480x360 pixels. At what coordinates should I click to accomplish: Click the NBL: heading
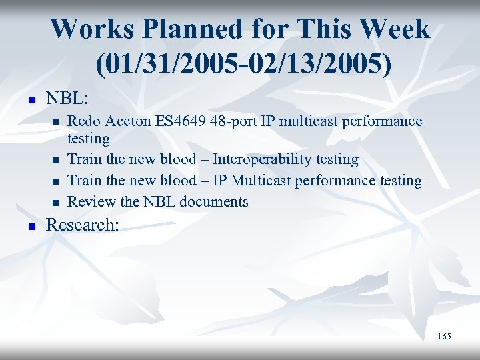[x=67, y=98]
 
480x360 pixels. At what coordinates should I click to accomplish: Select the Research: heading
[x=83, y=225]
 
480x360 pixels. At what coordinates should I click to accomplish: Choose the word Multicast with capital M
[x=259, y=181]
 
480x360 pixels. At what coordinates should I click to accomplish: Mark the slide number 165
[x=444, y=337]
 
